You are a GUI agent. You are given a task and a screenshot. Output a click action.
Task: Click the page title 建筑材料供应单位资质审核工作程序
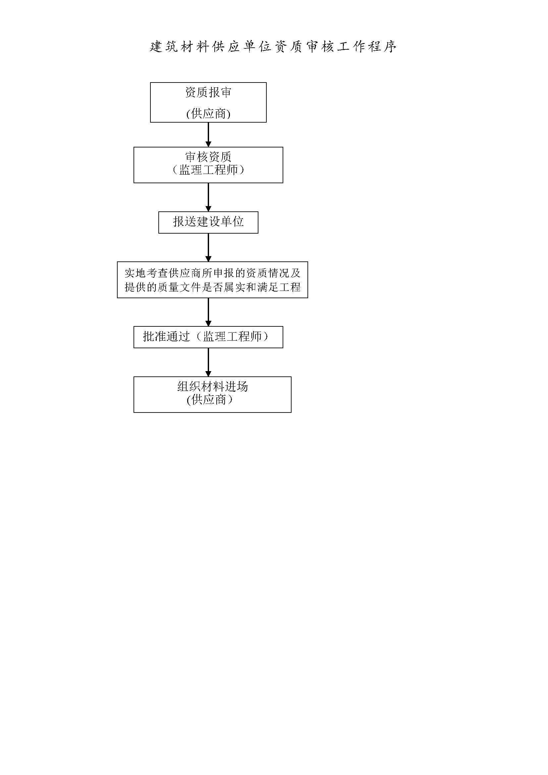(x=273, y=47)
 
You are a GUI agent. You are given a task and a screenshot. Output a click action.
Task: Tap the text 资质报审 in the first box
(x=208, y=92)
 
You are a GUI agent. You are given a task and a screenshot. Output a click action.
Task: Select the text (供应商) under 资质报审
(x=208, y=114)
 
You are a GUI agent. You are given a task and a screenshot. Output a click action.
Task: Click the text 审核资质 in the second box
(x=208, y=157)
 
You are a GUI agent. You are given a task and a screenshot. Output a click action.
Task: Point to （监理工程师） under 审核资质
(x=208, y=169)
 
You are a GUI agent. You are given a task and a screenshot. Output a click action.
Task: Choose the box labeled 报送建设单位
(x=208, y=222)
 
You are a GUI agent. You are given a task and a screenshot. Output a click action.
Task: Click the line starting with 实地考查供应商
(x=213, y=273)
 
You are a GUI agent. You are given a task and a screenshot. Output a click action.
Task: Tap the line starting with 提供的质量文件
(x=213, y=287)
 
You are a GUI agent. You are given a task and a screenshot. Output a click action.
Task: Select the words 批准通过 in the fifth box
(x=166, y=336)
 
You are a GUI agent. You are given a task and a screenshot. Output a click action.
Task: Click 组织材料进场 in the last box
(x=213, y=386)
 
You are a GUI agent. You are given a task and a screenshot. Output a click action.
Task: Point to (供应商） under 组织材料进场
(x=210, y=400)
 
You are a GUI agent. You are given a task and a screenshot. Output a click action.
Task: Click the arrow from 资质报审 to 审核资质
(x=208, y=135)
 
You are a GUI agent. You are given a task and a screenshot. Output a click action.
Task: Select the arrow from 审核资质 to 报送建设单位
(x=208, y=197)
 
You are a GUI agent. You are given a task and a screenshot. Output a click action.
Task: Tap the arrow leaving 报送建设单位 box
(x=208, y=248)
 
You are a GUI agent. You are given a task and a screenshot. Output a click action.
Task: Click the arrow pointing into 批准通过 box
(x=208, y=312)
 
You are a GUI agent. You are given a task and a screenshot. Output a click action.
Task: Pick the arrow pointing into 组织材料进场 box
(x=208, y=362)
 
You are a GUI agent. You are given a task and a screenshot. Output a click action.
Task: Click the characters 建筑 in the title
(x=164, y=47)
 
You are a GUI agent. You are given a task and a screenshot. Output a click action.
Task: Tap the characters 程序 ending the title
(x=383, y=47)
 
